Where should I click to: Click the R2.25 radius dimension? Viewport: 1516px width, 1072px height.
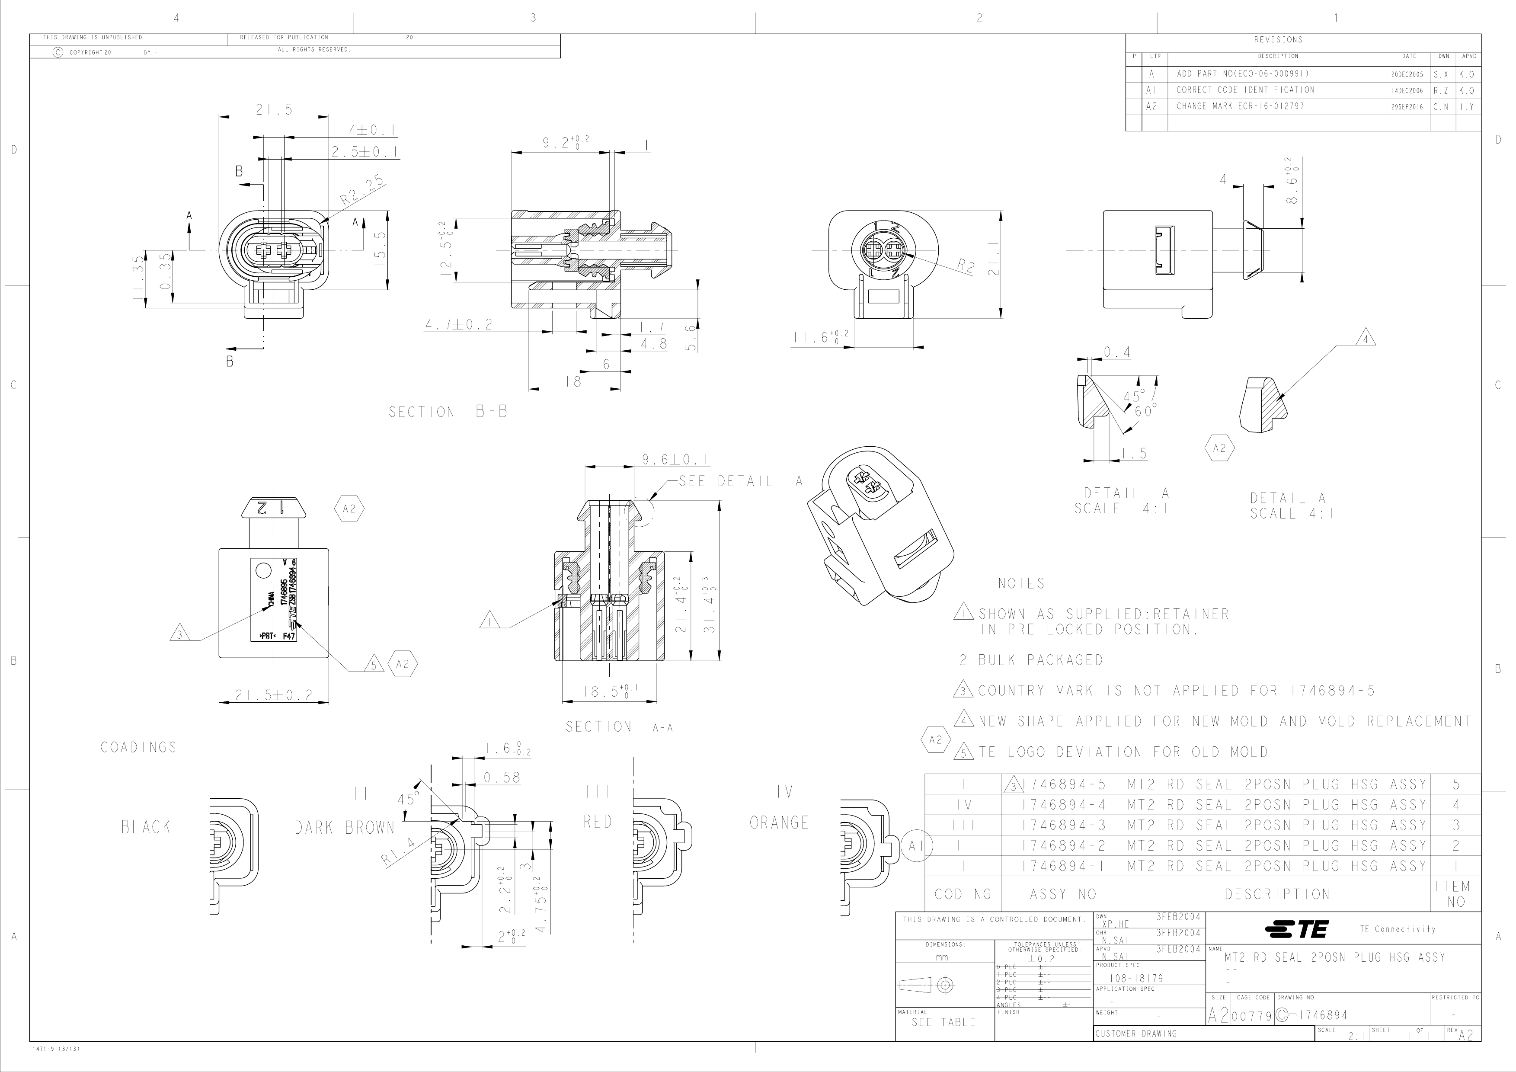[362, 191]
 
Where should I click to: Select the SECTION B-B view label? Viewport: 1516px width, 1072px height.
[448, 412]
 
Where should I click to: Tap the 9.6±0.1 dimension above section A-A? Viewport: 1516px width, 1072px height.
[675, 460]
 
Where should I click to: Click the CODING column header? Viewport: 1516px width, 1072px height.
[963, 894]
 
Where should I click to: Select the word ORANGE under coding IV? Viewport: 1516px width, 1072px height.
[779, 823]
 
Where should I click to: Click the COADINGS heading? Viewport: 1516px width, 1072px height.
[139, 747]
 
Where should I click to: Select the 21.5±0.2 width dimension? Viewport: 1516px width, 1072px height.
[273, 695]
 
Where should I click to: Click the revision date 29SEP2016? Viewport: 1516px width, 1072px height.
[1408, 106]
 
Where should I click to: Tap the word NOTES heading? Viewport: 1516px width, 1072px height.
[1021, 583]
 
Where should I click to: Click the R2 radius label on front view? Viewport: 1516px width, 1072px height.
[966, 266]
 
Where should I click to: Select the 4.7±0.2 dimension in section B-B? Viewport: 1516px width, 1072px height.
[459, 325]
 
